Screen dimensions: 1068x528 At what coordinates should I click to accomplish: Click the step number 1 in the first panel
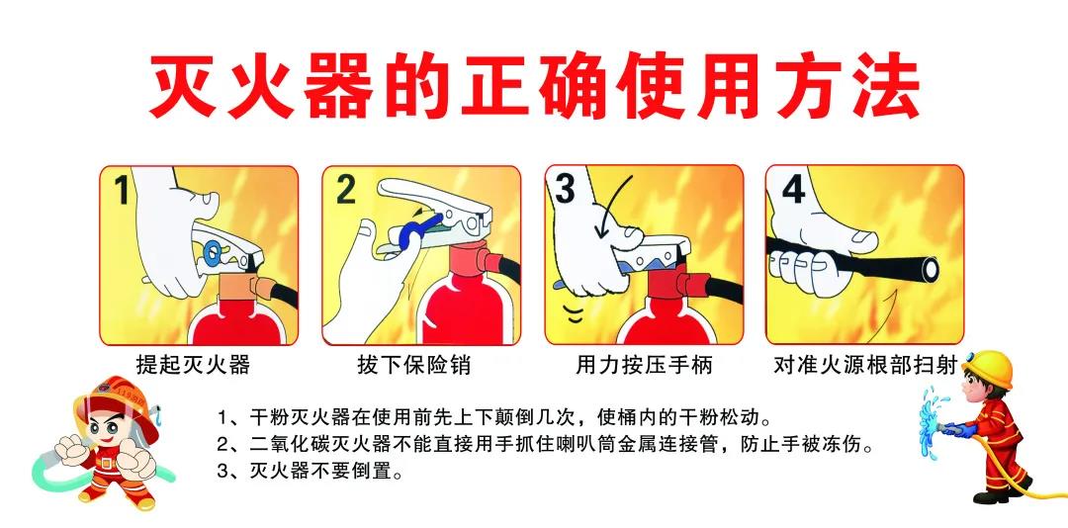coord(122,189)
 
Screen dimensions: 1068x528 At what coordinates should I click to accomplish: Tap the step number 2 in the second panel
coord(345,189)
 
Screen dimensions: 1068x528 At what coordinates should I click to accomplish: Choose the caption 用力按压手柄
coord(645,365)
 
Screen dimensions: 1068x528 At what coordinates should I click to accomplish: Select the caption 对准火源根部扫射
coord(865,365)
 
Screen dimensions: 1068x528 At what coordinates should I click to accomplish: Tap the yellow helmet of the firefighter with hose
coord(988,369)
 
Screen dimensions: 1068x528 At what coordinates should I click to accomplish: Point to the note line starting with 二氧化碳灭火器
coord(545,445)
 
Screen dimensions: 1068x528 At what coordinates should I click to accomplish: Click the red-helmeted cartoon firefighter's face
coord(109,426)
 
